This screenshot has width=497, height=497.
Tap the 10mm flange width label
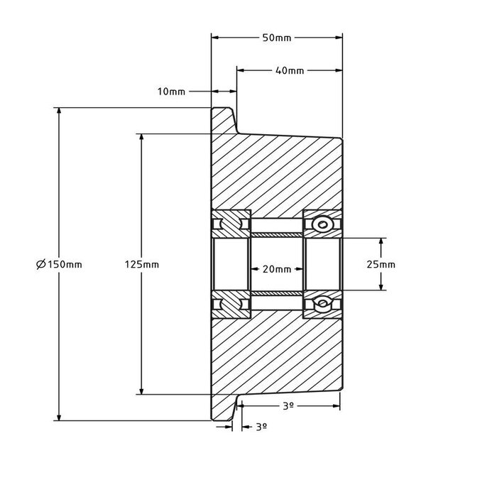coord(173,92)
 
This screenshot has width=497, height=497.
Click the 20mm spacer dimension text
coord(277,269)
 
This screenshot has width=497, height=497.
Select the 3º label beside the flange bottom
coord(261,427)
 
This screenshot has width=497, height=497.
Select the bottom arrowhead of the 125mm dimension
coord(142,390)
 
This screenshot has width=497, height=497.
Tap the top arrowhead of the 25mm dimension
coord(382,242)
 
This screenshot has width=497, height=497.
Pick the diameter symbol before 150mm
coord(40,264)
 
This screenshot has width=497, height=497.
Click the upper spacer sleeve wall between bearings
coord(277,234)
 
